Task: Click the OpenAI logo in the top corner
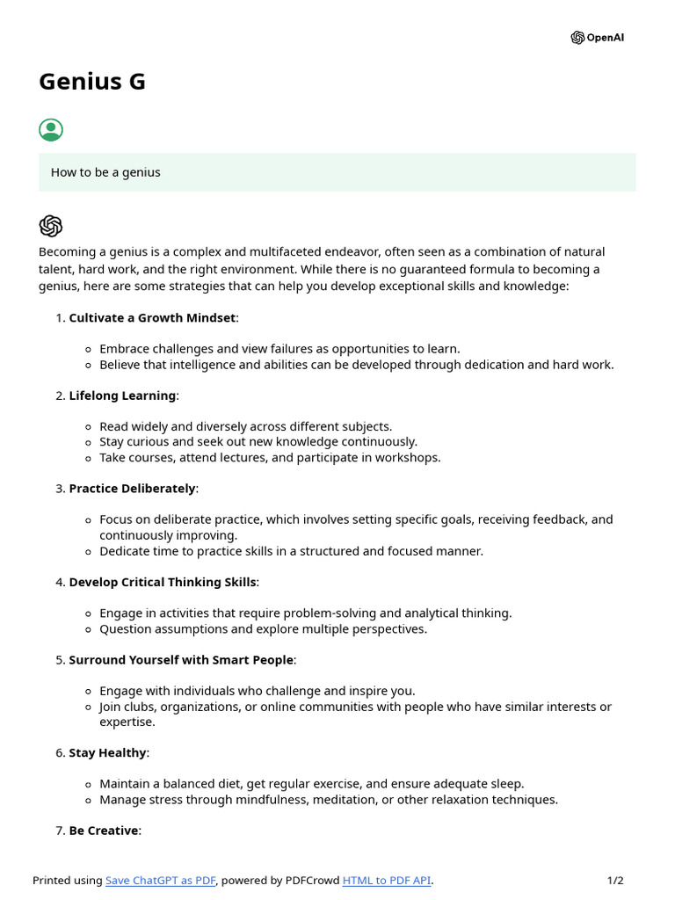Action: tap(597, 38)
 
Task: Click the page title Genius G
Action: tap(92, 82)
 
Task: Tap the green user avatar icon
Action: tap(51, 130)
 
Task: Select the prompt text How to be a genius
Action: tap(105, 172)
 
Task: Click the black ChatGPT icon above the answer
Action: tap(51, 226)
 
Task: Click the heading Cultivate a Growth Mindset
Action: tap(152, 317)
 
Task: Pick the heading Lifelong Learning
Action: tap(122, 396)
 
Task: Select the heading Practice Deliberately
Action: tap(132, 488)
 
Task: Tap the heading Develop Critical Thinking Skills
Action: tap(163, 582)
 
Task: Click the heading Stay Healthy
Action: tap(108, 752)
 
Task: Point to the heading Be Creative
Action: tap(104, 831)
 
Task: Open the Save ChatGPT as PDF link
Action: tap(160, 881)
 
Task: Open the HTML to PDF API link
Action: tap(387, 881)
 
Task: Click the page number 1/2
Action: tap(615, 881)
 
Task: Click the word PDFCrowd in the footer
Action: tap(311, 881)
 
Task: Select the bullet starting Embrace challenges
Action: tap(279, 349)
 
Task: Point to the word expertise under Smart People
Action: tap(127, 722)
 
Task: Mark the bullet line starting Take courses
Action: tap(270, 457)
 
